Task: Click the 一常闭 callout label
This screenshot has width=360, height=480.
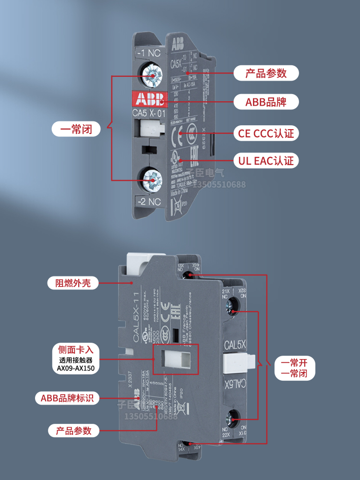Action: pos(76,129)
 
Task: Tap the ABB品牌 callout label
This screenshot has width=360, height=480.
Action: pos(266,102)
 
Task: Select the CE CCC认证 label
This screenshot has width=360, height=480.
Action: pos(266,133)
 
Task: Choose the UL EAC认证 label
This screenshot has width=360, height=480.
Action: pos(266,160)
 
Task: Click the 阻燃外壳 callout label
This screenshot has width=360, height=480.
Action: pos(73,283)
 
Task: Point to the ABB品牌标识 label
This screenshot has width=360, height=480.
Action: pos(67,398)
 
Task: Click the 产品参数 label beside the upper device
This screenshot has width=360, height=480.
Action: pos(266,73)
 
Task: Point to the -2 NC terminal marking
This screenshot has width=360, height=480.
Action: pos(149,202)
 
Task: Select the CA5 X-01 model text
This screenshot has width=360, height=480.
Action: pos(149,114)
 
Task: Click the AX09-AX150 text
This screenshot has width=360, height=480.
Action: pos(76,369)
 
